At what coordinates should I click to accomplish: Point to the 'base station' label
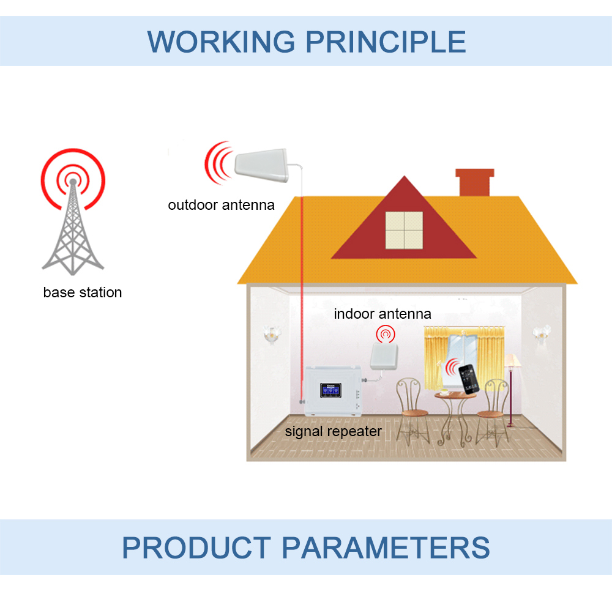point(83,292)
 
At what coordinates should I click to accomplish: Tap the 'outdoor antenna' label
point(222,205)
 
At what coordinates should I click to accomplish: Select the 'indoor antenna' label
point(382,314)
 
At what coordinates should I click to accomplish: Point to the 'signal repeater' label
point(334,431)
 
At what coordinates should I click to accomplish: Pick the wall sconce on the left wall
point(271,333)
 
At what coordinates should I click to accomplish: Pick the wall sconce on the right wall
point(541,332)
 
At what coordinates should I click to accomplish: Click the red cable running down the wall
point(302,294)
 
